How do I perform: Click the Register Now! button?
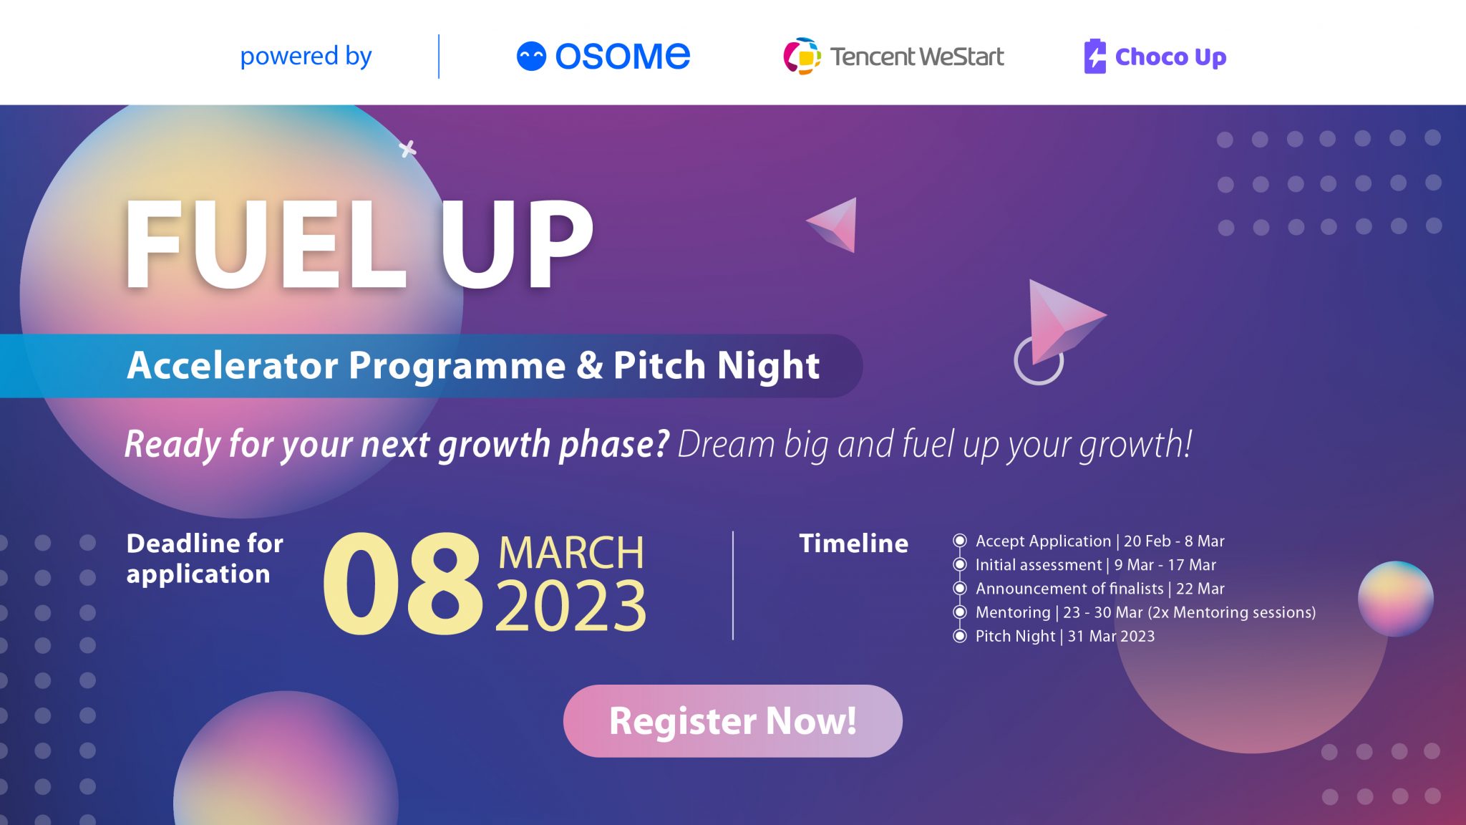click(732, 720)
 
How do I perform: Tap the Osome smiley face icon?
click(531, 56)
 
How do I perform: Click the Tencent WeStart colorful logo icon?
click(802, 56)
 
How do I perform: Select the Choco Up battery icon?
click(1094, 56)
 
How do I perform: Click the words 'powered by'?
click(306, 56)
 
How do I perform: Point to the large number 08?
click(403, 584)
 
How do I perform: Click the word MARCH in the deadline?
click(571, 553)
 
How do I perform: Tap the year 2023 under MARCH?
click(571, 607)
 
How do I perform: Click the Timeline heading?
click(853, 544)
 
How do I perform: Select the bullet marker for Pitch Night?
click(960, 636)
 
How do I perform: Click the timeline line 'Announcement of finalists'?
click(1099, 589)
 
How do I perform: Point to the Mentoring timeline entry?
click(1145, 612)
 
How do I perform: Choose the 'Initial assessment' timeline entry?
click(1095, 565)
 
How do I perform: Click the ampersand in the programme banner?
click(589, 366)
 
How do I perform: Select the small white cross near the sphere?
click(407, 149)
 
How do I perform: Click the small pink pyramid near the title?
click(836, 225)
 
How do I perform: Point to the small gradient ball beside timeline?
click(1395, 599)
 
